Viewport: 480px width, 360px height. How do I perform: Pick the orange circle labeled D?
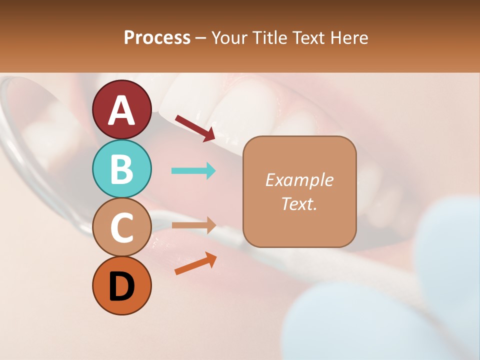click(x=121, y=286)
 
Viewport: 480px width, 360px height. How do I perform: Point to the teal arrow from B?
click(x=193, y=171)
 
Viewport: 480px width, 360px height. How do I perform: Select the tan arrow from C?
click(x=193, y=225)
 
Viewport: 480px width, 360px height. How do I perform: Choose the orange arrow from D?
click(x=195, y=263)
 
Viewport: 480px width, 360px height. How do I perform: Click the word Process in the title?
click(x=157, y=38)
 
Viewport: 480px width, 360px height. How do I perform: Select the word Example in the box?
click(x=299, y=180)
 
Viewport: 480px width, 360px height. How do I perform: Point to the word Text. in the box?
click(x=299, y=203)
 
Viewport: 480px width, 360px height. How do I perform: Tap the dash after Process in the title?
click(x=201, y=38)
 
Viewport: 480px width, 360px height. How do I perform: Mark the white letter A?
click(x=122, y=110)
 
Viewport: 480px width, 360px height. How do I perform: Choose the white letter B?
click(x=121, y=169)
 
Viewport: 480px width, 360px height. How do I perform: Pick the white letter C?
click(x=121, y=227)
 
